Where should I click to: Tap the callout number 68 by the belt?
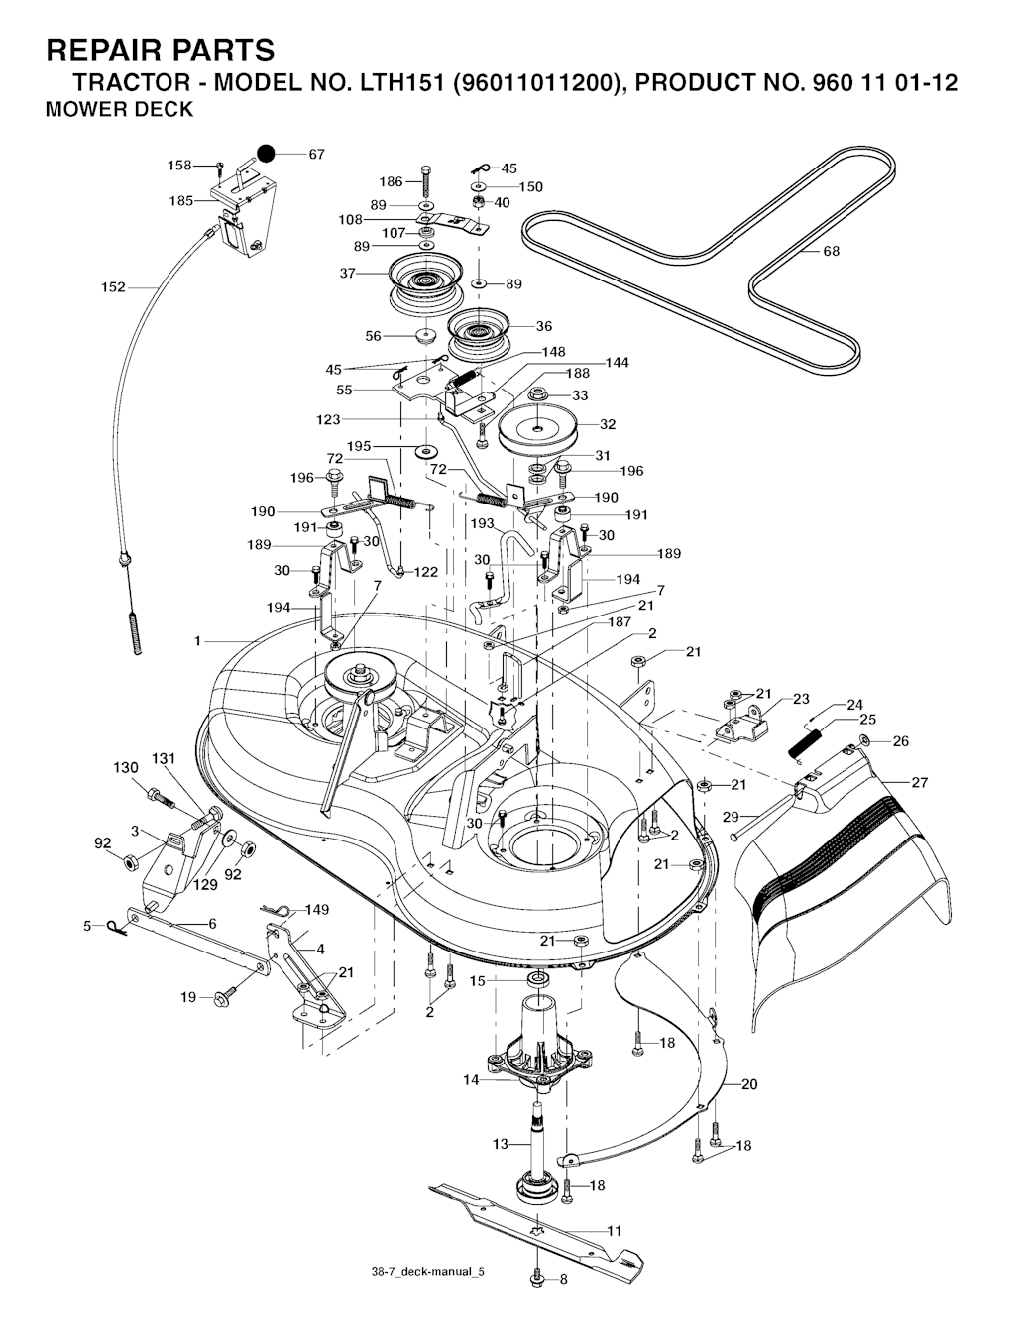pos(831,251)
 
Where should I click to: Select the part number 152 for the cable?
pos(113,286)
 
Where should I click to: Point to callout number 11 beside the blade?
pos(614,1230)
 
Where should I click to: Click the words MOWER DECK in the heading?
pos(119,109)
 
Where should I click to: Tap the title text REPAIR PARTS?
pos(161,50)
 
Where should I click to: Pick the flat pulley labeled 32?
pos(536,430)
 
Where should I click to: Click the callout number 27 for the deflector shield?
pos(920,782)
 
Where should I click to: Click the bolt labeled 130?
pos(161,797)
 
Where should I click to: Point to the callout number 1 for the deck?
pos(197,640)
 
